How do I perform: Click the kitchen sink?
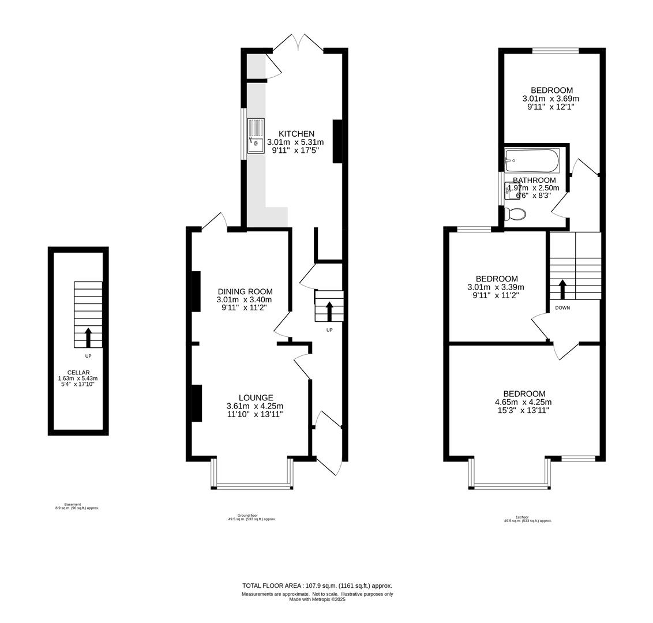coord(256,136)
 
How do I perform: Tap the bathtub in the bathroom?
coord(532,160)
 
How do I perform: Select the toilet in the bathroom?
coord(515,214)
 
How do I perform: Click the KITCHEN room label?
coord(297,134)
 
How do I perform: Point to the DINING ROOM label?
coord(245,291)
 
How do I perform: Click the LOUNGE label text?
coord(256,397)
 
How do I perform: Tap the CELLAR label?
coord(78,373)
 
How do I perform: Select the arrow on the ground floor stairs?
coord(329,311)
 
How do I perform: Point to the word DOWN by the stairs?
coord(562,308)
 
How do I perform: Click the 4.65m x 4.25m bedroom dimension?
coord(523,402)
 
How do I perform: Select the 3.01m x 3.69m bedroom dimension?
coord(551,99)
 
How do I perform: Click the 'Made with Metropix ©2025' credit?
coord(317,599)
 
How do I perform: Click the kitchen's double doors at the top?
coord(298,43)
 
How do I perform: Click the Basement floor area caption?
coord(77,506)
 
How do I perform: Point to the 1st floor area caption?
coord(528,519)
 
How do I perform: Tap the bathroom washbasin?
coord(512,190)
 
